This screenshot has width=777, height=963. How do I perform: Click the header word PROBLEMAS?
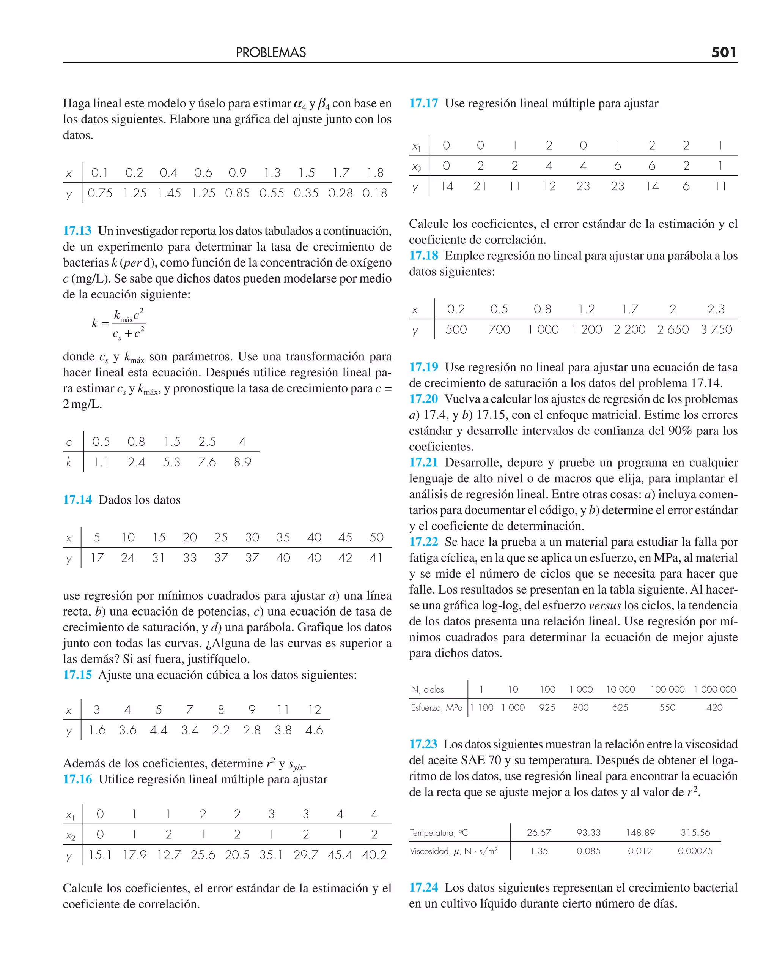click(x=271, y=52)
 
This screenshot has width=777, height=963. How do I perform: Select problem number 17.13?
click(x=77, y=230)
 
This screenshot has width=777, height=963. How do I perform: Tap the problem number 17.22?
click(x=423, y=542)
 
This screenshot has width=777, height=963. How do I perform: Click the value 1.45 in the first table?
click(x=169, y=193)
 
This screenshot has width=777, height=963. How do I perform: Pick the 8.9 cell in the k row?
click(x=242, y=462)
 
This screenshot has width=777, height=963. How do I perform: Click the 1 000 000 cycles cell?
click(x=714, y=689)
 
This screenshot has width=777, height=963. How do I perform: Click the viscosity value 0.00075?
click(x=695, y=851)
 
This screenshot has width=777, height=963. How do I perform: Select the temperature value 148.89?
click(x=640, y=833)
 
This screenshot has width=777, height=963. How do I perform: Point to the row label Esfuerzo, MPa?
click(x=436, y=708)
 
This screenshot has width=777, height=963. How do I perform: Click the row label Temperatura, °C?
click(x=439, y=833)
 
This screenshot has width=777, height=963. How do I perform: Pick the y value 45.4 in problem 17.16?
click(x=340, y=855)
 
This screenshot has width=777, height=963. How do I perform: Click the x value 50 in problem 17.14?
click(x=376, y=537)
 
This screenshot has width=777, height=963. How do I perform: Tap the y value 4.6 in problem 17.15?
click(x=314, y=730)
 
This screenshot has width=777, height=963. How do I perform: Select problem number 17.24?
click(x=423, y=887)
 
